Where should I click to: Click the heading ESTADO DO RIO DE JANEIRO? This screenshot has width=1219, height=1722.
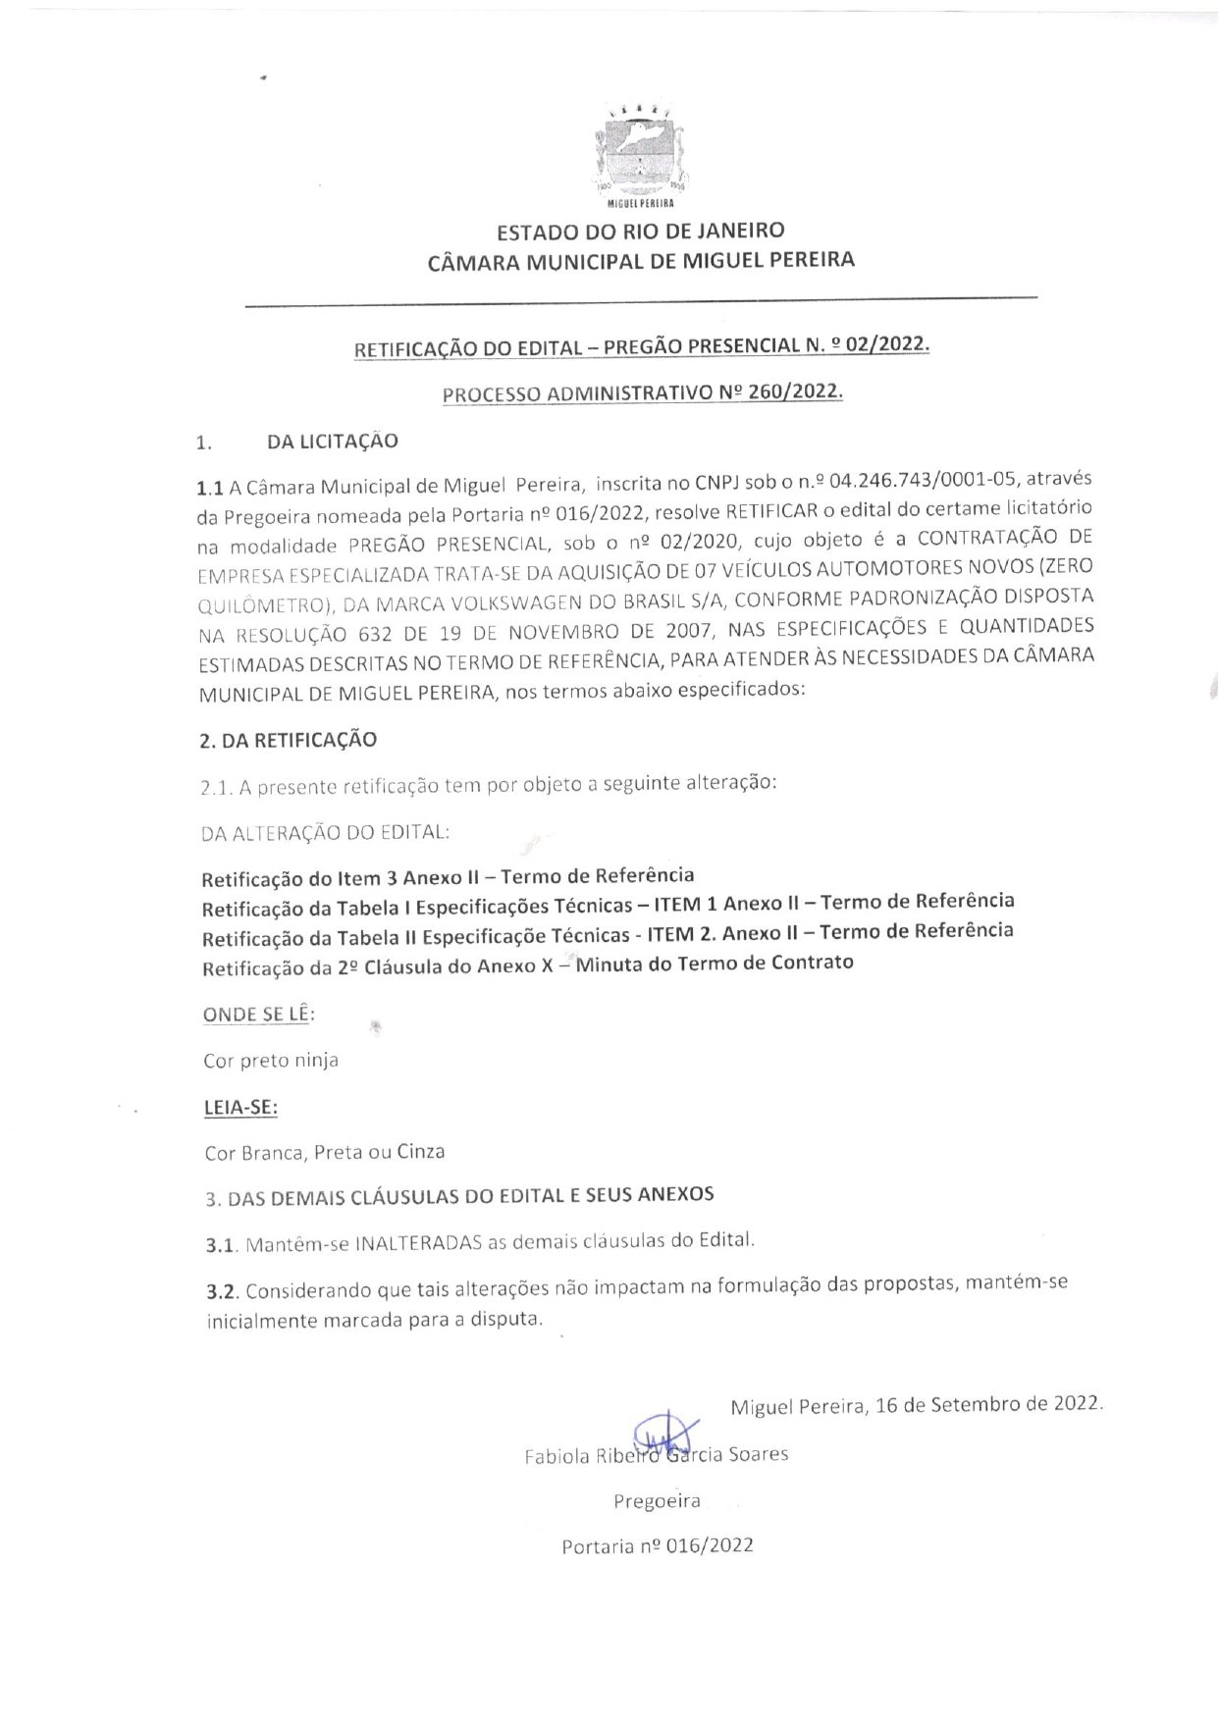(x=640, y=232)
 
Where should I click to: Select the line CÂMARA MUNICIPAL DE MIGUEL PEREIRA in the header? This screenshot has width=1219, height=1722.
(x=641, y=261)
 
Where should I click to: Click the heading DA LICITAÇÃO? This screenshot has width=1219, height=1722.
(x=333, y=442)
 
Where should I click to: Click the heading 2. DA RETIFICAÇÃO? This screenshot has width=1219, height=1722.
(x=288, y=740)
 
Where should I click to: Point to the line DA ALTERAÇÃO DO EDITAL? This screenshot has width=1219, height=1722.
(x=325, y=832)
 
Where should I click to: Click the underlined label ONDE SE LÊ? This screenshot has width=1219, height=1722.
(x=258, y=1015)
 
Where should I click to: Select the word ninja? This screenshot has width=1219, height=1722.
(x=314, y=1060)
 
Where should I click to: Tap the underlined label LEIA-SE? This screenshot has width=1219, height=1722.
(x=240, y=1107)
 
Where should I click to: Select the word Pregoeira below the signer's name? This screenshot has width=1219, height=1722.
(x=657, y=1500)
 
